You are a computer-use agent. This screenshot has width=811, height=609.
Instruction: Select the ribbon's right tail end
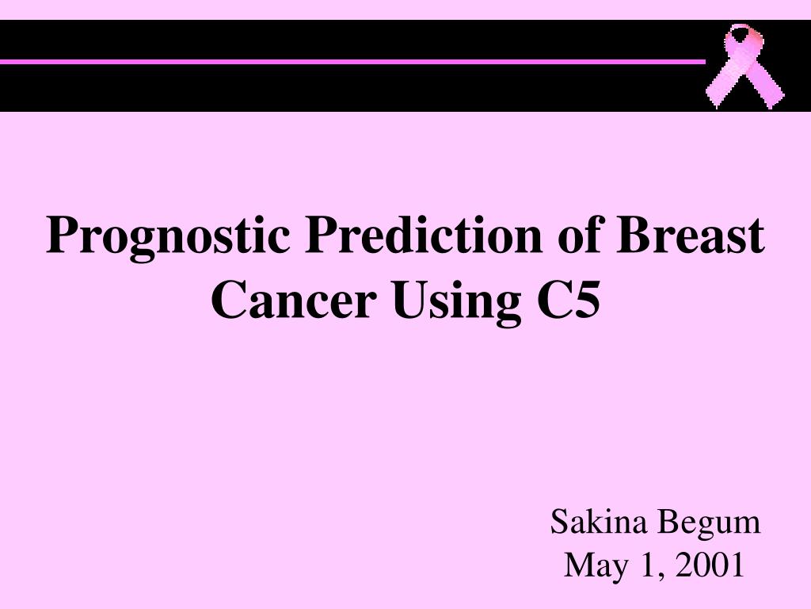click(x=774, y=98)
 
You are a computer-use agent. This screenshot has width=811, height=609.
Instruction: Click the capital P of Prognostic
click(x=61, y=236)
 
